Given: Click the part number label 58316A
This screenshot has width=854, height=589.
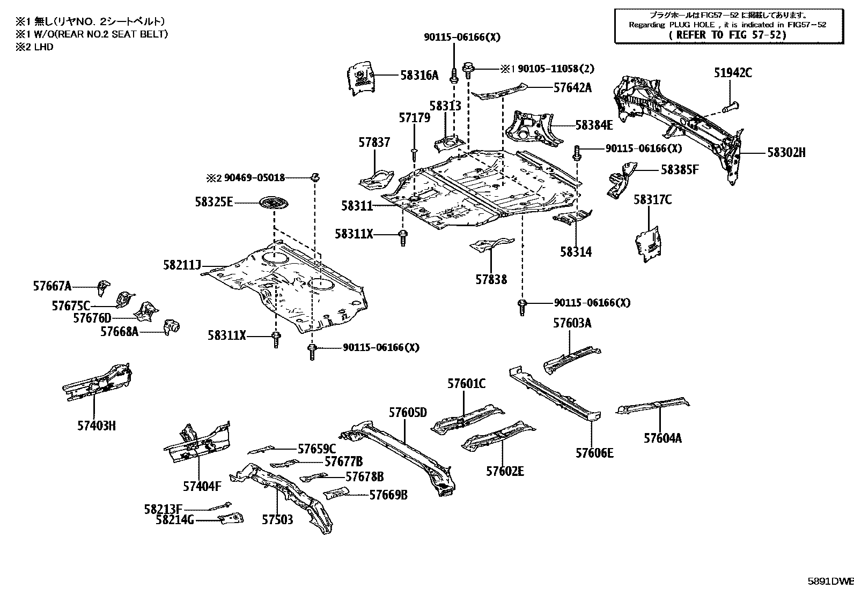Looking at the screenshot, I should (x=419, y=76).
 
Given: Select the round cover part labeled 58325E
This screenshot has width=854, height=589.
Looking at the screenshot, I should (x=274, y=204).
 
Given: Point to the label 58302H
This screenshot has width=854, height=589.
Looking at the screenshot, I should (x=786, y=153).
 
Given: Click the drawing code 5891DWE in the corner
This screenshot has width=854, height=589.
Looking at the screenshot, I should (x=831, y=580).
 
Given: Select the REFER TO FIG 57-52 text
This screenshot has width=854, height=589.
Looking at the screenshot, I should (x=728, y=35).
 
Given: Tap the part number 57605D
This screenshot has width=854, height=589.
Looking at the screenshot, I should (x=408, y=412).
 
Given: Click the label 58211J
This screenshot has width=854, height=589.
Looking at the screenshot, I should (x=182, y=265).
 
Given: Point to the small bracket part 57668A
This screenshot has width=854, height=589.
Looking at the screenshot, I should (x=172, y=325).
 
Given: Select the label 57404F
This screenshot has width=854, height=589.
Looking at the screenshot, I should (x=202, y=487).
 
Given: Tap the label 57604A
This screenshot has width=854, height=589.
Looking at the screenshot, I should (x=662, y=438).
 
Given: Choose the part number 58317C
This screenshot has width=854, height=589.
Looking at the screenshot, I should (x=652, y=200).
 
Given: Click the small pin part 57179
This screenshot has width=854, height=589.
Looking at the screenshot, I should (x=415, y=154).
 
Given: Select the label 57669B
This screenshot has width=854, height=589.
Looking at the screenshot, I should (x=388, y=495).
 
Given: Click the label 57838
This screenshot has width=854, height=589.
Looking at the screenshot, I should (x=491, y=279).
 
